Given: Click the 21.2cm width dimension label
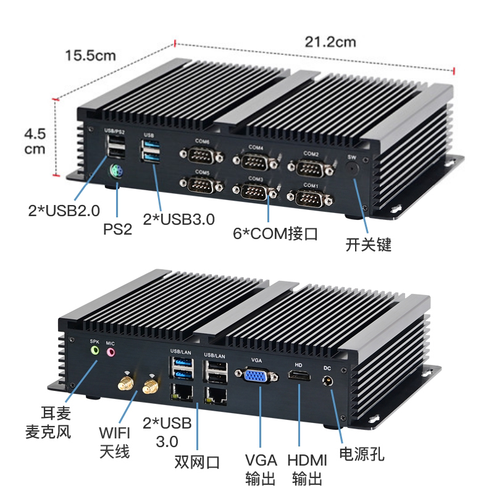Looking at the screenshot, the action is click(x=330, y=42).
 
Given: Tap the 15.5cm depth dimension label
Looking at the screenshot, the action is click(x=91, y=56).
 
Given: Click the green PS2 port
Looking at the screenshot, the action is click(x=115, y=172).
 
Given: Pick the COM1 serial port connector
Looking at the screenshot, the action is click(x=310, y=198).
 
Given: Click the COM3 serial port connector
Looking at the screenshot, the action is click(x=255, y=191).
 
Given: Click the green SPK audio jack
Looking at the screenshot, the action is click(x=94, y=351).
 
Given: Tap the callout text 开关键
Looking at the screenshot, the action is click(x=369, y=245).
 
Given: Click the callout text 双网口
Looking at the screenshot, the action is click(x=196, y=462).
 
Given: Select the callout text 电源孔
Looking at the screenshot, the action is click(x=362, y=454).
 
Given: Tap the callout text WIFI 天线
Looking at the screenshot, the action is click(x=114, y=440).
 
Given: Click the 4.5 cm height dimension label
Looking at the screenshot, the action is click(x=35, y=141).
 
